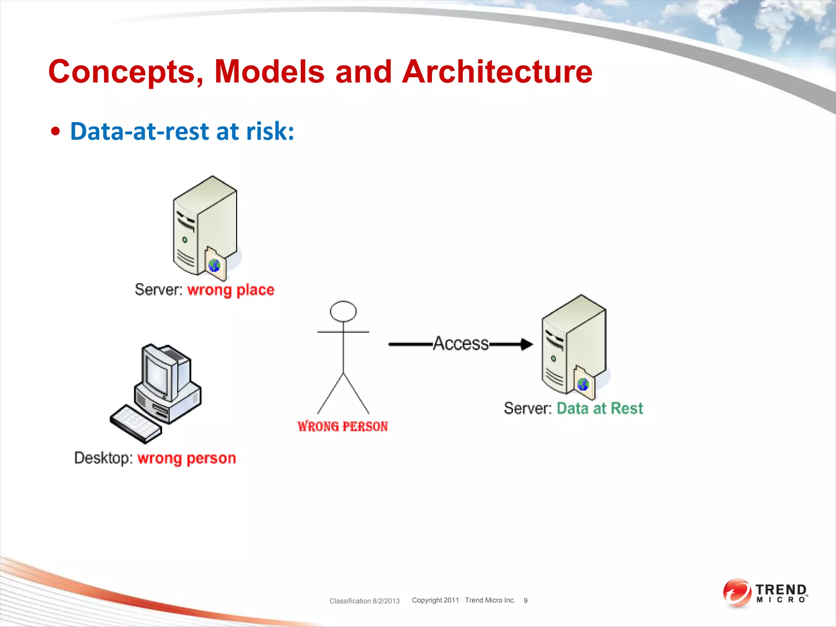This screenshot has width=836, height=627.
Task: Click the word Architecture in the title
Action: click(x=497, y=72)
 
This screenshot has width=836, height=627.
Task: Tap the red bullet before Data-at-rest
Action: click(x=56, y=132)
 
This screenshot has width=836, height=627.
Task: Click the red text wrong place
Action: click(x=231, y=290)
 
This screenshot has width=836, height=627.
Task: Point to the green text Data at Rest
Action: click(x=600, y=408)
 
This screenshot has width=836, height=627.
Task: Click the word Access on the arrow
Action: click(x=461, y=343)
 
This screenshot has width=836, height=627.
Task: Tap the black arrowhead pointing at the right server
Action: click(x=527, y=344)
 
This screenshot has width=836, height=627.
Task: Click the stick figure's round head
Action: click(x=343, y=311)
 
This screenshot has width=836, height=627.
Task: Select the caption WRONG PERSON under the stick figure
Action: click(x=342, y=426)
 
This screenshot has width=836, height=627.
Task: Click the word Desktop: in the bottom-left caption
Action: click(x=103, y=458)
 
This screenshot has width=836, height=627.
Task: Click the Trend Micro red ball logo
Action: click(x=736, y=593)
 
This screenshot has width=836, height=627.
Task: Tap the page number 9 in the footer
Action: click(x=525, y=600)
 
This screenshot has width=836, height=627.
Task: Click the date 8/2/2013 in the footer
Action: click(x=386, y=601)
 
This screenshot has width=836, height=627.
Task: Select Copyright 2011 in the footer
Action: click(x=435, y=600)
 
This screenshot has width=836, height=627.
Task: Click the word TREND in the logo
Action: click(x=781, y=590)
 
